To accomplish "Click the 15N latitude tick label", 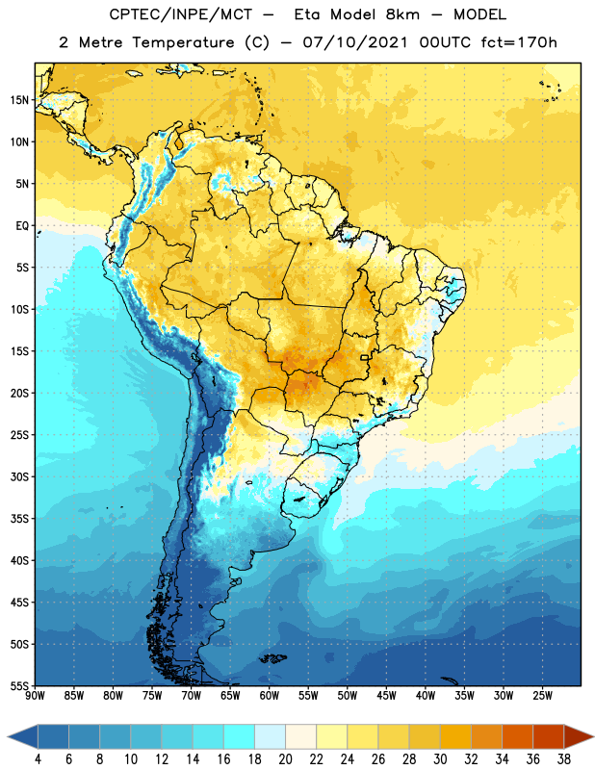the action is [x=19, y=100].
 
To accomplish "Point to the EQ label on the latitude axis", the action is [x=22, y=226].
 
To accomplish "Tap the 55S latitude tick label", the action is [x=19, y=685].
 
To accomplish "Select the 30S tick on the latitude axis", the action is [x=19, y=476].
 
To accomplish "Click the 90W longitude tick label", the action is [x=35, y=695].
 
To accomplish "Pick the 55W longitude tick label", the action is [x=308, y=695].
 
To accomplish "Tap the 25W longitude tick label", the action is [x=542, y=695].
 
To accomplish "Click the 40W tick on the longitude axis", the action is [x=426, y=695].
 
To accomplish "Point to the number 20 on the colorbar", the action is [x=285, y=759].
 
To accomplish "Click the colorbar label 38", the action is [x=564, y=759].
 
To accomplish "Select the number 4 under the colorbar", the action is [x=39, y=759].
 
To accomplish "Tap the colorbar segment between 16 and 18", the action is [x=240, y=736].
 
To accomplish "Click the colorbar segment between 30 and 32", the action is [x=455, y=736].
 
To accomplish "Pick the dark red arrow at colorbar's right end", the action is [x=579, y=736].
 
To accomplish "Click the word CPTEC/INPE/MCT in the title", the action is [x=180, y=14].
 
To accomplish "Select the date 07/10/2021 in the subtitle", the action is [x=354, y=42].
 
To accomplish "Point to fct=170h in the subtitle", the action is [x=519, y=42].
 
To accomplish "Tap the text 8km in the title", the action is [x=402, y=14].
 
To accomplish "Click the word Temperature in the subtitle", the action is [x=183, y=43].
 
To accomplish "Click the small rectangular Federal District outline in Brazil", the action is [x=365, y=357].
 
